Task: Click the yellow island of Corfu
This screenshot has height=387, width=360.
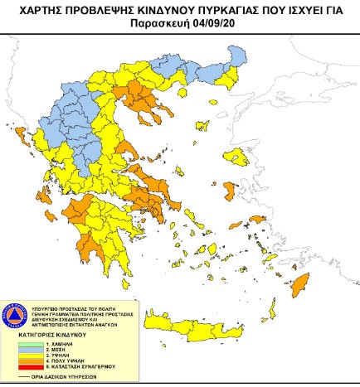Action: pyautogui.click(x=17, y=131)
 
